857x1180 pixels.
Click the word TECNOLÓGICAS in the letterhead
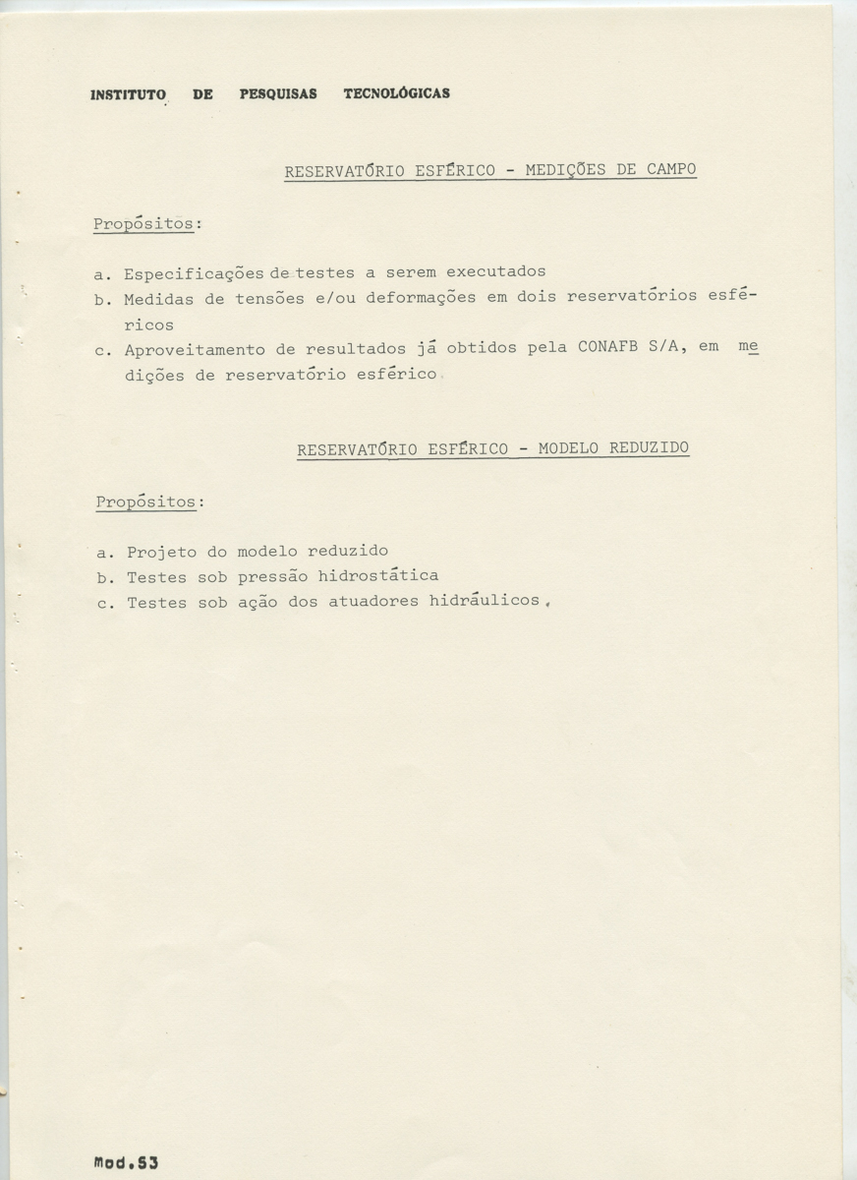pyautogui.click(x=397, y=93)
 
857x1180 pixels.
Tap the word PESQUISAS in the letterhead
pyautogui.click(x=278, y=94)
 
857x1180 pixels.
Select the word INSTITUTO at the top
pyautogui.click(x=128, y=95)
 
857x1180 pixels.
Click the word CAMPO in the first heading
pyautogui.click(x=671, y=169)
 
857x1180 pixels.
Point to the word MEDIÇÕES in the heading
pyautogui.click(x=566, y=169)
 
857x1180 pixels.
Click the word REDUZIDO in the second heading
pyautogui.click(x=649, y=447)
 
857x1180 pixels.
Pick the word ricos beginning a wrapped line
pyautogui.click(x=149, y=324)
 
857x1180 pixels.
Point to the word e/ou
pyautogui.click(x=334, y=297)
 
